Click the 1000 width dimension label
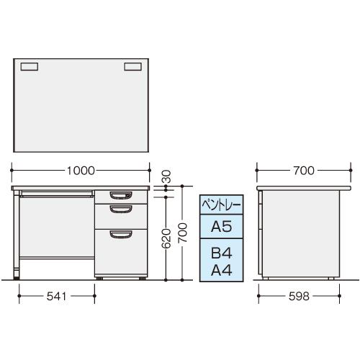81,171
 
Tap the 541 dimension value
56,297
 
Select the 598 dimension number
299,297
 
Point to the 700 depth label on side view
304,171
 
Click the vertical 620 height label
166,238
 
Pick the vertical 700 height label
182,233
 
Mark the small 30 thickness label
166,176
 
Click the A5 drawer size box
221,226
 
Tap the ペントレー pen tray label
221,205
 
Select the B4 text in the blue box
222,253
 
